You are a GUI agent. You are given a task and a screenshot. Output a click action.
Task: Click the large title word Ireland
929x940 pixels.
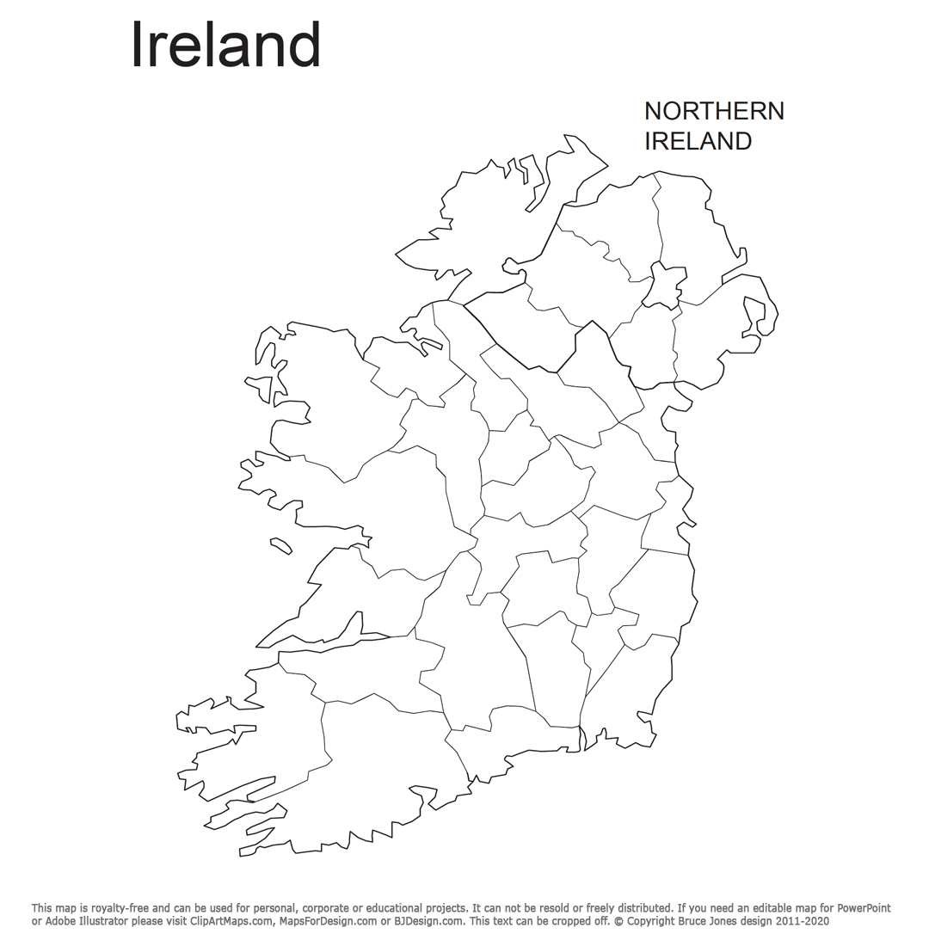tap(225, 46)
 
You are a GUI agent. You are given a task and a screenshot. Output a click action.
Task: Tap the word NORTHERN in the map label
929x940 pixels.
tap(714, 111)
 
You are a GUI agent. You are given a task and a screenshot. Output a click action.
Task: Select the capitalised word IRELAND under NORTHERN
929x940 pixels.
tap(698, 141)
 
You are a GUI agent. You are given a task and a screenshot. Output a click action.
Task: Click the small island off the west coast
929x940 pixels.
tap(280, 544)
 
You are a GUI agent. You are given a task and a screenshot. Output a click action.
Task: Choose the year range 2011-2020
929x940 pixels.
tap(801, 921)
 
